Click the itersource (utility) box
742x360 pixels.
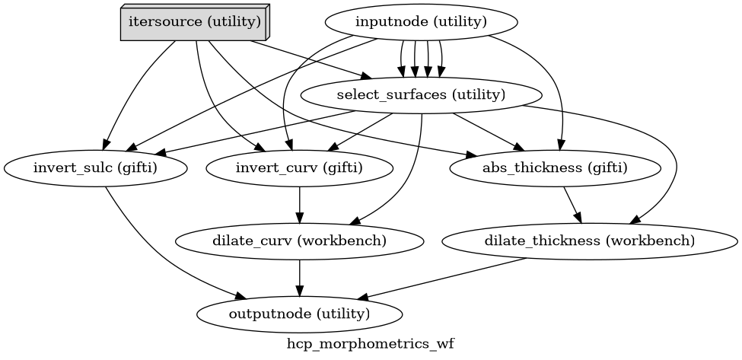[195, 22]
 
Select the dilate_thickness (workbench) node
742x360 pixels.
[589, 241]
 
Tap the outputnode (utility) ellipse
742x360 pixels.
[299, 314]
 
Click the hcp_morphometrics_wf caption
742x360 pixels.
[370, 344]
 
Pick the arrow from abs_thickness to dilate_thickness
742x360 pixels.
[572, 204]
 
